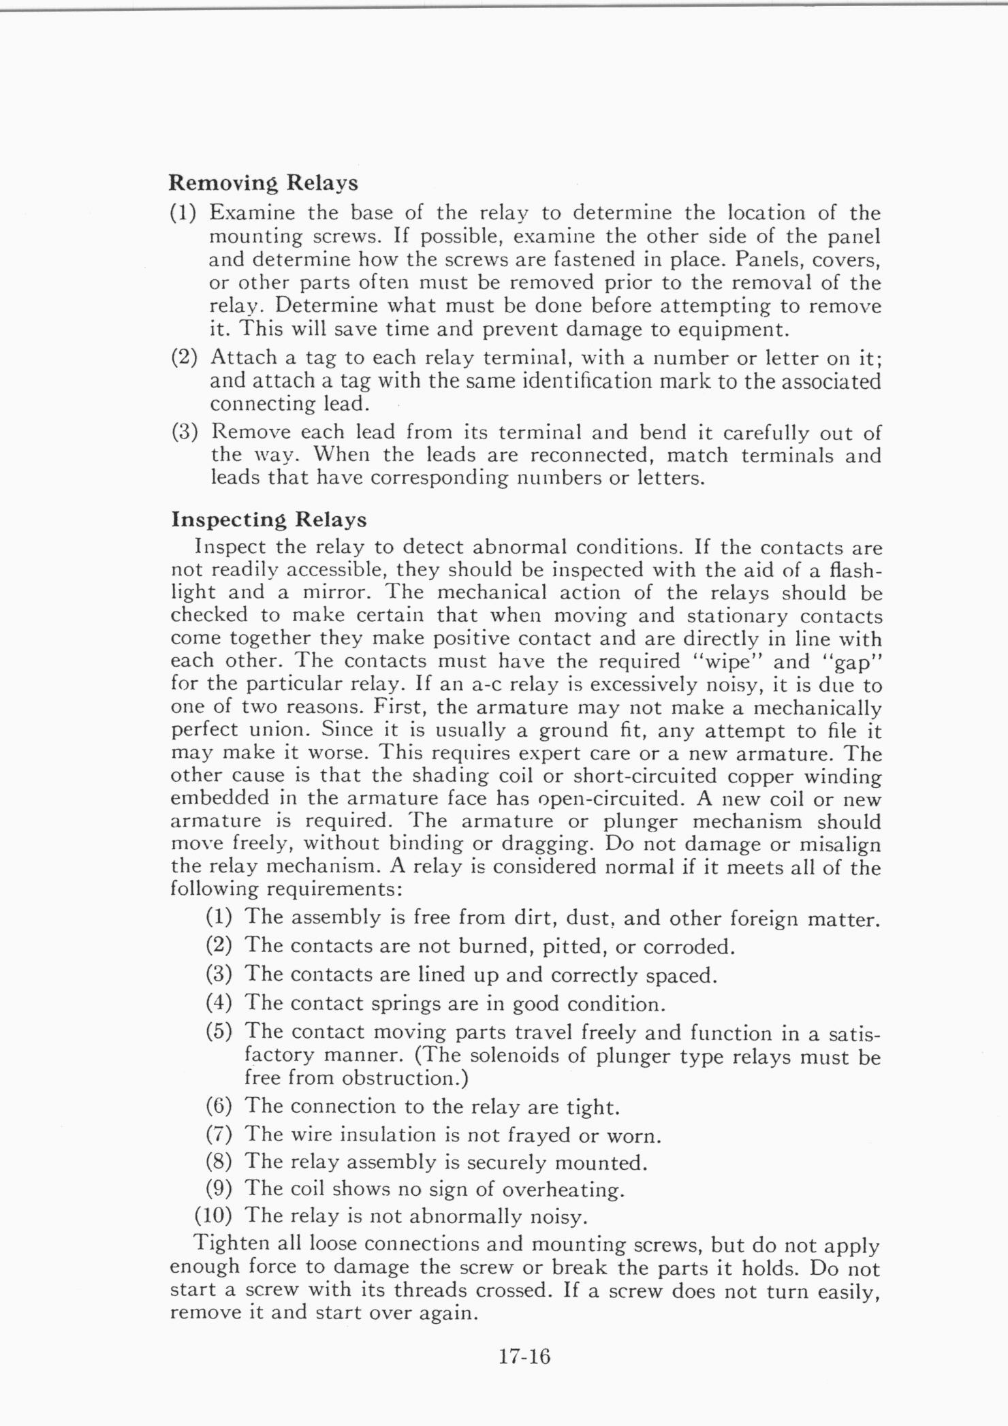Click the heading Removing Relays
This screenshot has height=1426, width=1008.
click(x=263, y=183)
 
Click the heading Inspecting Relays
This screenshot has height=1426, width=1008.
click(x=268, y=520)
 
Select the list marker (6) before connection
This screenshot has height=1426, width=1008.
click(x=219, y=1106)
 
